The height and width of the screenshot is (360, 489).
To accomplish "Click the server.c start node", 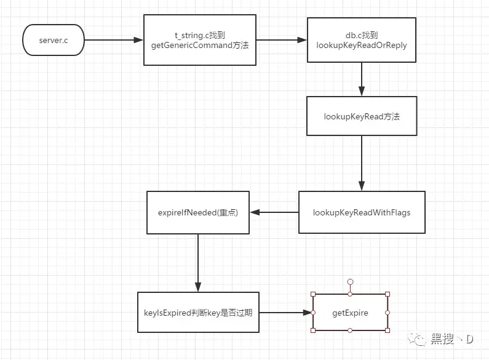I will tap(53, 41).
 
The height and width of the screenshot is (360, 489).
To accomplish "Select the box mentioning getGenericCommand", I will tap(199, 41).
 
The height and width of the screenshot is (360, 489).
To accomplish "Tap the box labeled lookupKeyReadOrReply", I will tap(361, 41).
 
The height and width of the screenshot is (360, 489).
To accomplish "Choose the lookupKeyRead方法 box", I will tap(361, 116).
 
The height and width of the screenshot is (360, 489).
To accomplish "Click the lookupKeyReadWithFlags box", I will tap(361, 212).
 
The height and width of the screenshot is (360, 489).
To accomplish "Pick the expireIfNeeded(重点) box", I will tap(197, 212).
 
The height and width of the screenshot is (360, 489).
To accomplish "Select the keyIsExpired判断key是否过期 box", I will tap(198, 313).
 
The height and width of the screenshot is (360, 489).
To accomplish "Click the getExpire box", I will tap(350, 313).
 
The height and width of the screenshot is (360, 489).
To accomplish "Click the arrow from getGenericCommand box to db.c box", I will tap(280, 41).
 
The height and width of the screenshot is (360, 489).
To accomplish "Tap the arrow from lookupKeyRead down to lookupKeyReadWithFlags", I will tap(361, 163).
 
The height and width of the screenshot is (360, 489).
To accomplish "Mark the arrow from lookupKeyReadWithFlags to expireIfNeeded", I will tap(274, 212).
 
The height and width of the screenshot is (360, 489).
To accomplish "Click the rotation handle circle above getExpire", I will tap(350, 282).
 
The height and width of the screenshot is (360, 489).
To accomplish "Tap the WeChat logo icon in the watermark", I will tap(420, 340).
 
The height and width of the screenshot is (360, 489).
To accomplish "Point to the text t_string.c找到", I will tap(199, 35).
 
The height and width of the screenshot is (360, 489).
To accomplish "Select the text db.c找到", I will tap(361, 35).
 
